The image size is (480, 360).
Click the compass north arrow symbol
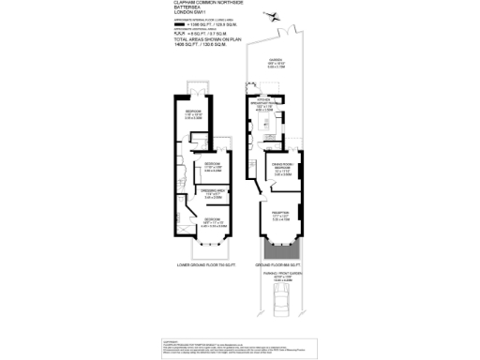272,14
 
